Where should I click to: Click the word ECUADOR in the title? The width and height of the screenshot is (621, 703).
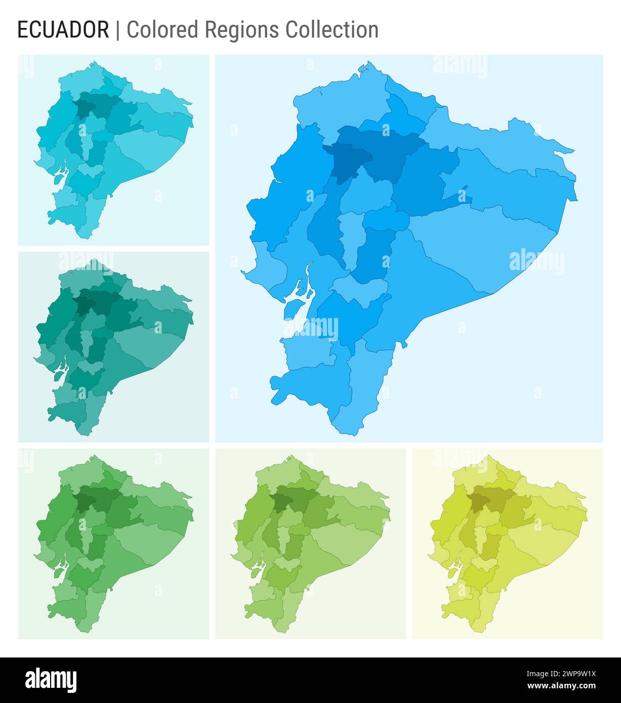point(63,30)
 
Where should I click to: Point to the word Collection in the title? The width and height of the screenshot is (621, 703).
point(332,30)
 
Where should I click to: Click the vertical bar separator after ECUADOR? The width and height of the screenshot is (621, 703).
point(118,30)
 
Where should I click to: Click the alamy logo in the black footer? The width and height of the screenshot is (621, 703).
point(51,680)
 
